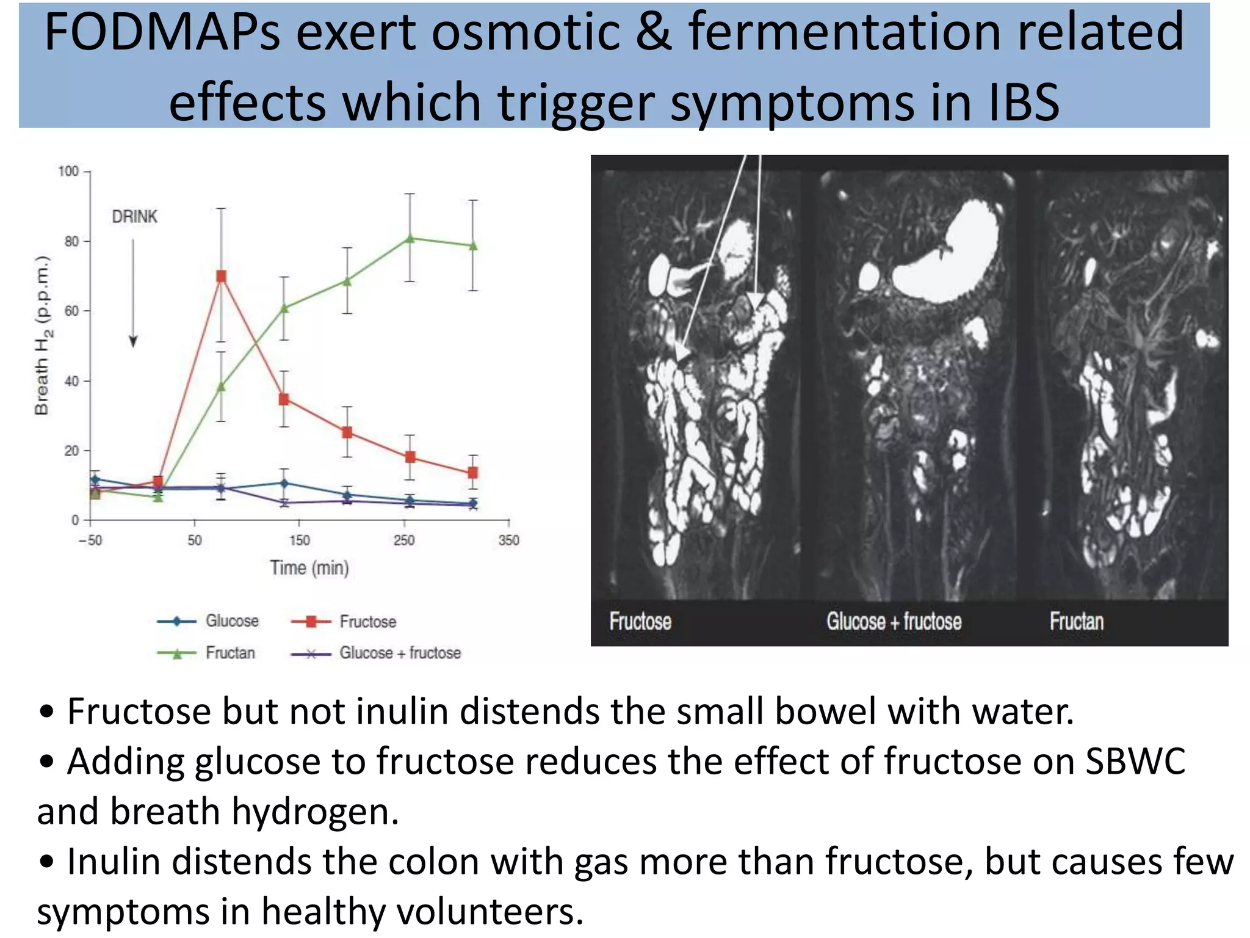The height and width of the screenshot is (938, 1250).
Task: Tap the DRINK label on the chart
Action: [134, 217]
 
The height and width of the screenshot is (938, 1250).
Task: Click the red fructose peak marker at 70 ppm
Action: [221, 277]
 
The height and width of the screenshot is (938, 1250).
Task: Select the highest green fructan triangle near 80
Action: [410, 238]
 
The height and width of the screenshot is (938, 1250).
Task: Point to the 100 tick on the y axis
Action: [68, 171]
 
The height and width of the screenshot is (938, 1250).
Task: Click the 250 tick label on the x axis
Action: [404, 540]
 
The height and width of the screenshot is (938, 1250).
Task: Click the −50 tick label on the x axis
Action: [90, 540]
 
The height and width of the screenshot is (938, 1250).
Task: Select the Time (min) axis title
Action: [309, 568]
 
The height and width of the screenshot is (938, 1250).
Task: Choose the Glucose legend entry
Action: [232, 621]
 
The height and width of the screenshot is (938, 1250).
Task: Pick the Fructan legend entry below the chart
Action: [230, 653]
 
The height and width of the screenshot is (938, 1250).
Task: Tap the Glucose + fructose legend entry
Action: [400, 653]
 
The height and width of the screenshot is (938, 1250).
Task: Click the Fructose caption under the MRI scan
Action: [640, 622]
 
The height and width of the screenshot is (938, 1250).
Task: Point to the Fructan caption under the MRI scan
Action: [1077, 622]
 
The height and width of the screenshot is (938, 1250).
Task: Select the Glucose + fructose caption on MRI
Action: [894, 622]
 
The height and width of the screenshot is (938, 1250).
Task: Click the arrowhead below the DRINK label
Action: [133, 341]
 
